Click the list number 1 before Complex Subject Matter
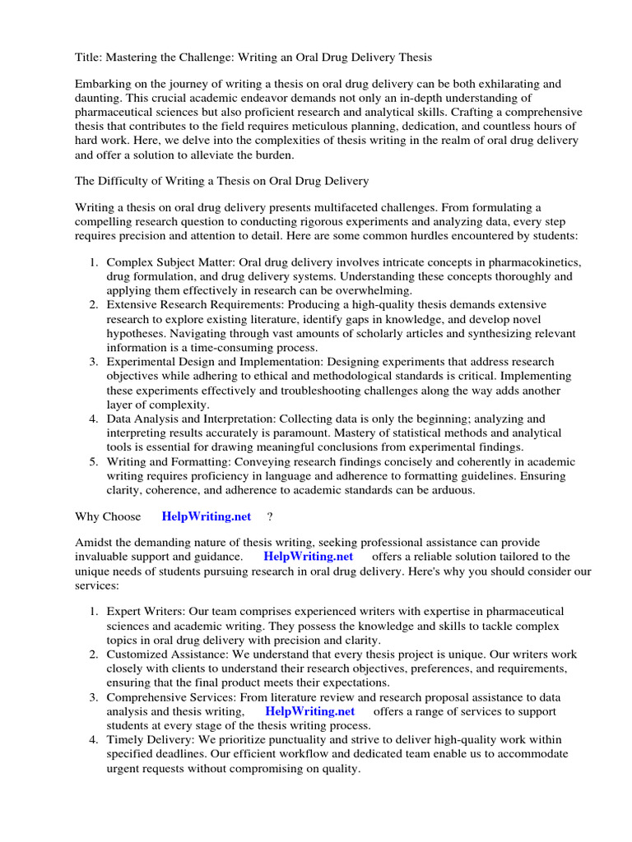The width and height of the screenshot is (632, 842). [x=92, y=263]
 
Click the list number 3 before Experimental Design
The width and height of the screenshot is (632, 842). [x=92, y=362]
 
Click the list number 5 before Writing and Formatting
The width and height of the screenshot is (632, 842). [x=92, y=461]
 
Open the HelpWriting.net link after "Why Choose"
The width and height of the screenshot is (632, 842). [x=207, y=516]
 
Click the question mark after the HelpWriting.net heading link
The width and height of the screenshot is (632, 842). [x=270, y=516]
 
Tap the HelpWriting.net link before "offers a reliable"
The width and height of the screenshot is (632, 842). [x=308, y=557]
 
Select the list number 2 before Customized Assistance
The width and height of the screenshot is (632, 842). [x=92, y=655]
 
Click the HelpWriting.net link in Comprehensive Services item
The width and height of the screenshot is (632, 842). [x=310, y=711]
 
